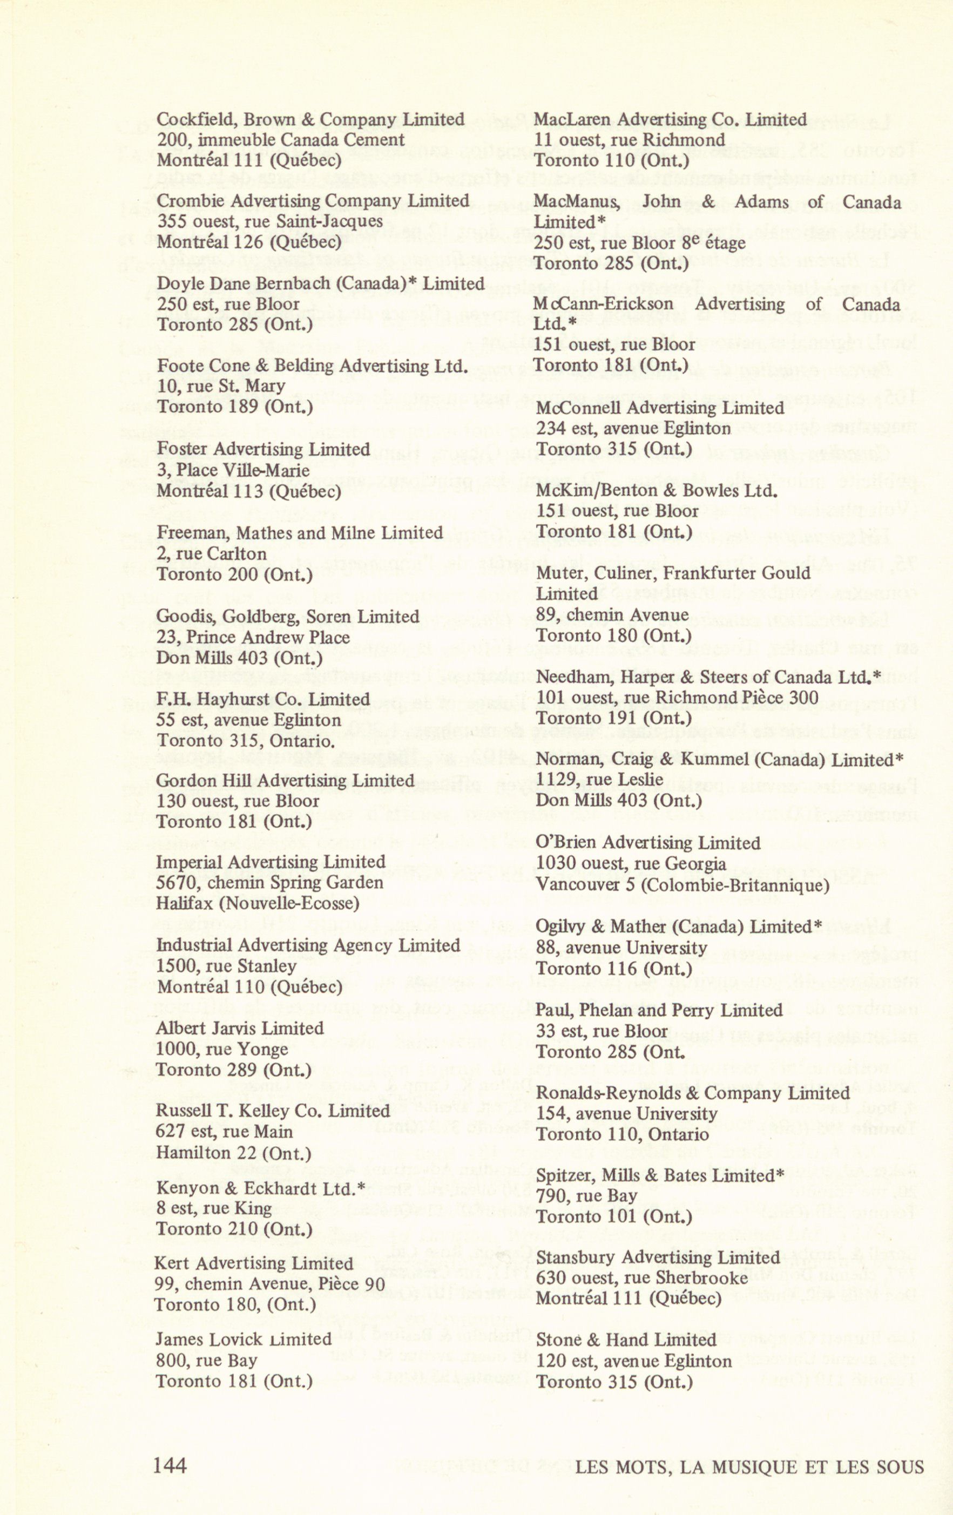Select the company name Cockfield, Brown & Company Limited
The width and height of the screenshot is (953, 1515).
pyautogui.click(x=310, y=119)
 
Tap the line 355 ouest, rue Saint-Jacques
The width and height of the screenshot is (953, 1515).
pyautogui.click(x=269, y=221)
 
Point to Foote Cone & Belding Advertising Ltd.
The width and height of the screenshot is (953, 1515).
pyautogui.click(x=312, y=366)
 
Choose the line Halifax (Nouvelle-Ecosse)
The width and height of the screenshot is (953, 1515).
pyautogui.click(x=257, y=903)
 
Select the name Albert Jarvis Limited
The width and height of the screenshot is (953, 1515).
pyautogui.click(x=240, y=1028)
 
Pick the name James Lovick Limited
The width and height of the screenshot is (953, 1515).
pyautogui.click(x=244, y=1339)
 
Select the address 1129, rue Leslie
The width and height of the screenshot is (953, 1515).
pyautogui.click(x=599, y=780)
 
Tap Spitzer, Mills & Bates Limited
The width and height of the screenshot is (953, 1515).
pyautogui.click(x=660, y=1175)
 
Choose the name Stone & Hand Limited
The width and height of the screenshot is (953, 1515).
pyautogui.click(x=625, y=1340)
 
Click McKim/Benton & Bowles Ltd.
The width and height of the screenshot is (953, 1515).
pyautogui.click(x=656, y=490)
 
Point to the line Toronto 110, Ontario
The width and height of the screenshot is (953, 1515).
pyautogui.click(x=621, y=1134)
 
